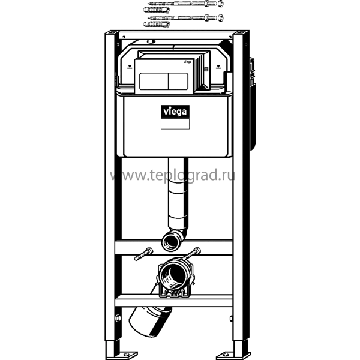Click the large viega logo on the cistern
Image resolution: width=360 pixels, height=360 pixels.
coord(175,112)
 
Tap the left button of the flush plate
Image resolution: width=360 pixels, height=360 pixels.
coord(154,81)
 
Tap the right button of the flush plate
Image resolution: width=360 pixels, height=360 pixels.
coord(178,81)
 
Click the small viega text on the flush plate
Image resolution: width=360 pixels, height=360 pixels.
coord(187,62)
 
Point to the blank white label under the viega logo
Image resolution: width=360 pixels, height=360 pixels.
coord(175,124)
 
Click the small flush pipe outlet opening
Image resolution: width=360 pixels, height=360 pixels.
coord(170,242)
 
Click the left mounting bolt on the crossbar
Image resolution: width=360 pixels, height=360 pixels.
coord(143,254)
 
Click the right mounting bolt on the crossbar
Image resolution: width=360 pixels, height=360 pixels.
coord(192,253)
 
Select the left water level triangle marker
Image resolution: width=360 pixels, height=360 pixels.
coord(130,67)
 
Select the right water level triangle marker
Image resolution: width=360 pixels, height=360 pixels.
coord(218,67)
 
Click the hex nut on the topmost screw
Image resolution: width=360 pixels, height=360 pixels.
coord(220,3)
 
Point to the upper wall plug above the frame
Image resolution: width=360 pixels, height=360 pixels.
coord(157,10)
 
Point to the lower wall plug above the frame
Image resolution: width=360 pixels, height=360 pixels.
coord(157,24)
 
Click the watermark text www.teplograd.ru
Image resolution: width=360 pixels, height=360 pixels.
coord(172,175)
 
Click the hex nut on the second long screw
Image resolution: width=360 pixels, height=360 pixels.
coord(220,17)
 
